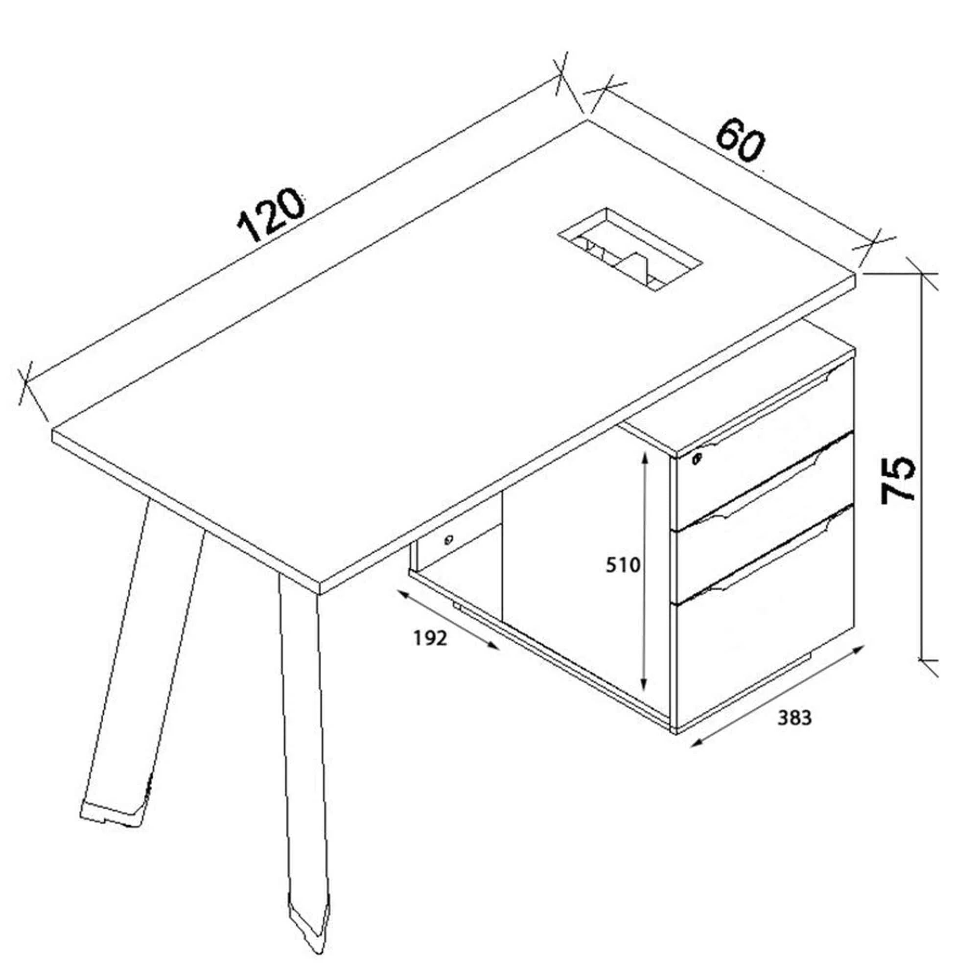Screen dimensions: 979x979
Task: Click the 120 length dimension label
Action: click(x=272, y=215)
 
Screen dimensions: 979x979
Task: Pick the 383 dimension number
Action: click(x=794, y=718)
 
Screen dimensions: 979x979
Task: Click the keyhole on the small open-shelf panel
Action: click(x=449, y=539)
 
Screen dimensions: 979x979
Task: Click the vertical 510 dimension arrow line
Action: click(x=645, y=572)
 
